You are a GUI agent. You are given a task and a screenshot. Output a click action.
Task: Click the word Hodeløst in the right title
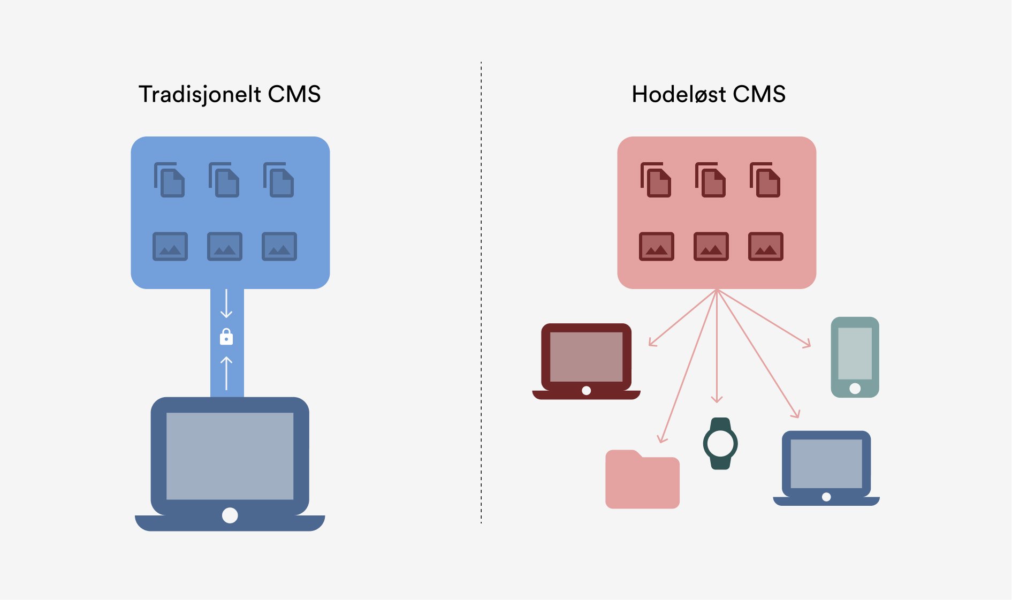[679, 94]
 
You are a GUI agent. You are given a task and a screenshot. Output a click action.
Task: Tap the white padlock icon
[226, 337]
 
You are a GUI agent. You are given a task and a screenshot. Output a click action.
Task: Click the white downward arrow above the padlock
[226, 304]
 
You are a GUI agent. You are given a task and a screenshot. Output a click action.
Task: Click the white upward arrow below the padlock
[226, 373]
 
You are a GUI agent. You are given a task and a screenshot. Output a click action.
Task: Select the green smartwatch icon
[720, 443]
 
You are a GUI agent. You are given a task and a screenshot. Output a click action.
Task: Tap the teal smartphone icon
[855, 357]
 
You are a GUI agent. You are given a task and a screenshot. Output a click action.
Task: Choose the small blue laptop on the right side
[826, 467]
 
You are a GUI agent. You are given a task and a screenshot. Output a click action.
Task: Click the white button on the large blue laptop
[230, 515]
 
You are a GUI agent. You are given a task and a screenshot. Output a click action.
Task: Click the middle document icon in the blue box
[224, 180]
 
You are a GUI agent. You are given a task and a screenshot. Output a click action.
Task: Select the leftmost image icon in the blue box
[170, 246]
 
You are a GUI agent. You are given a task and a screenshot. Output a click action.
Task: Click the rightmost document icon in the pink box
[765, 180]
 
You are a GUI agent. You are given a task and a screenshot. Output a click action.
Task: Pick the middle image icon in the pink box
[711, 246]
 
